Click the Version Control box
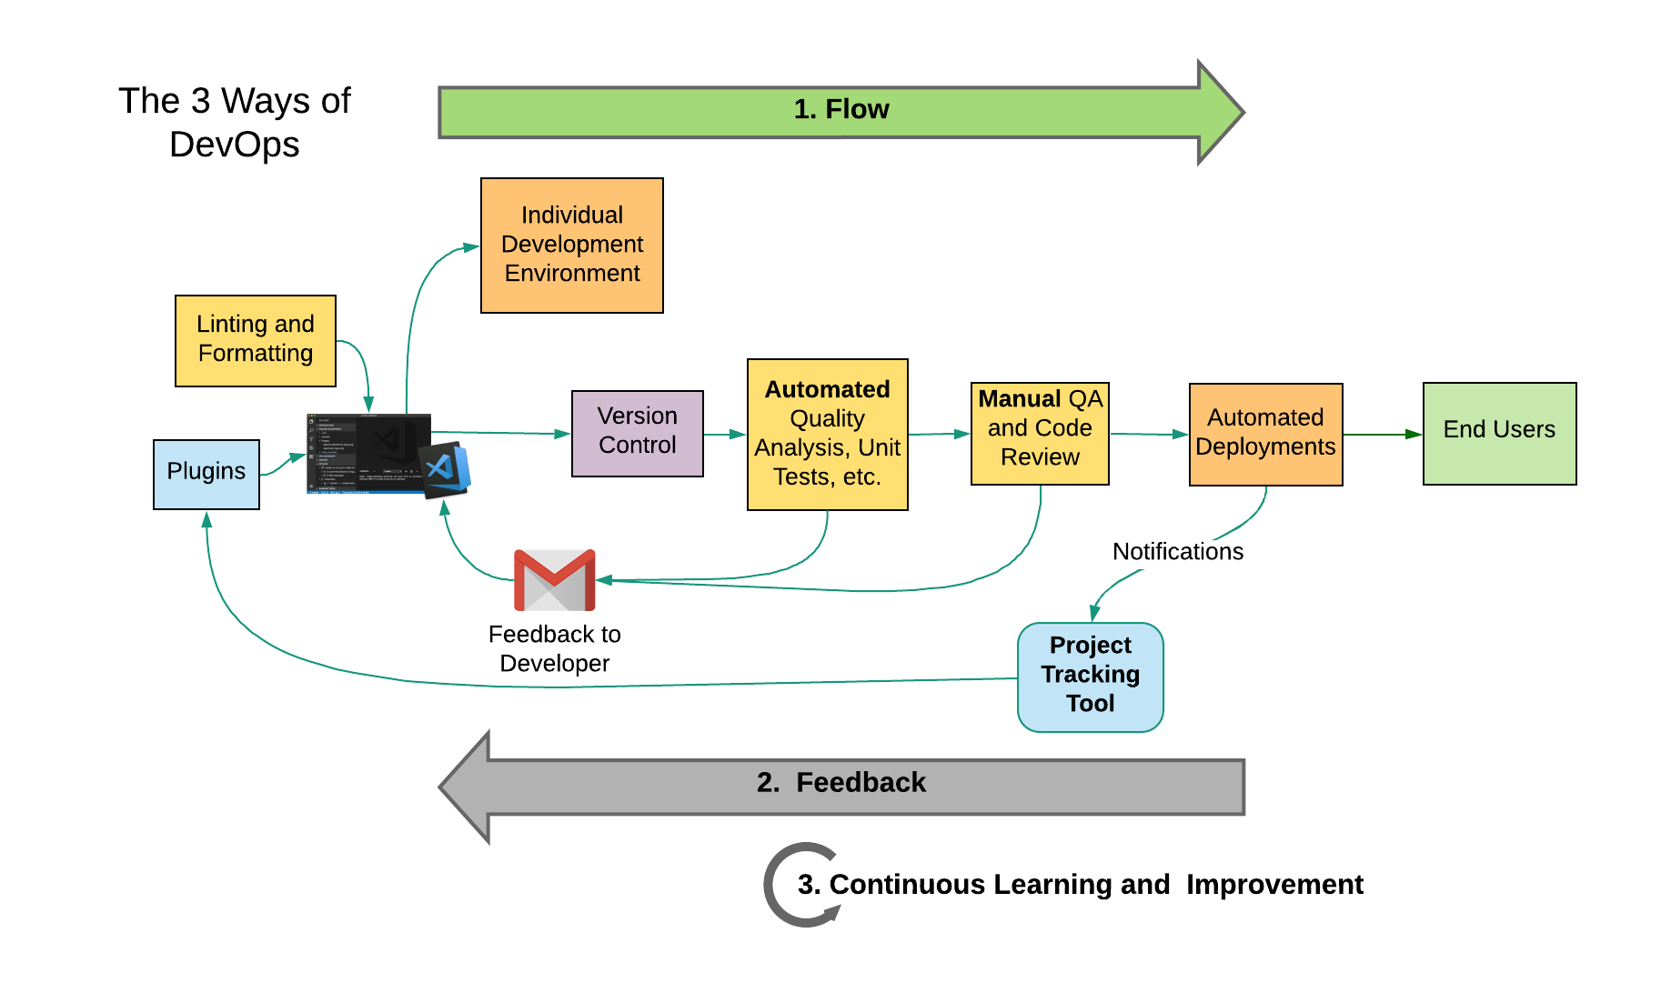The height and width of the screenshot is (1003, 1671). point(637,433)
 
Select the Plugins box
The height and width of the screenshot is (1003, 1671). point(206,474)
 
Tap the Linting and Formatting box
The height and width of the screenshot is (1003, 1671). point(256,340)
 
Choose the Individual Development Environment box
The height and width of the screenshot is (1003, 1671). point(572,246)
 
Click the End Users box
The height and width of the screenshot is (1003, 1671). point(1499,433)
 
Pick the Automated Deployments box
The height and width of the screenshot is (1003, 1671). point(1265,434)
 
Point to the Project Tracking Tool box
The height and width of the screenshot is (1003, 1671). point(1090,677)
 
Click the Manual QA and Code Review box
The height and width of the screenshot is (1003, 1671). point(1040,433)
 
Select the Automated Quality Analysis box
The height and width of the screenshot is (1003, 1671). point(827,434)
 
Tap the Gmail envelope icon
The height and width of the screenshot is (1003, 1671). point(554,580)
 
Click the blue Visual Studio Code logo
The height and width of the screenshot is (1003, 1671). point(445,469)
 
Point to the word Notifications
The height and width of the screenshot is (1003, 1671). point(1177,552)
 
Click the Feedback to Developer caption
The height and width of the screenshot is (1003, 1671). point(554,648)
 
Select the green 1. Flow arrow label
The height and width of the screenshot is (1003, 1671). point(841,109)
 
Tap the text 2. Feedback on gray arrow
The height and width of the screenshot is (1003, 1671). point(841,783)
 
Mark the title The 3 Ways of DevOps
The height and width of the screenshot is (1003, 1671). point(235,123)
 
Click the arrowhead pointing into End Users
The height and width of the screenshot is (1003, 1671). point(1414,435)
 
